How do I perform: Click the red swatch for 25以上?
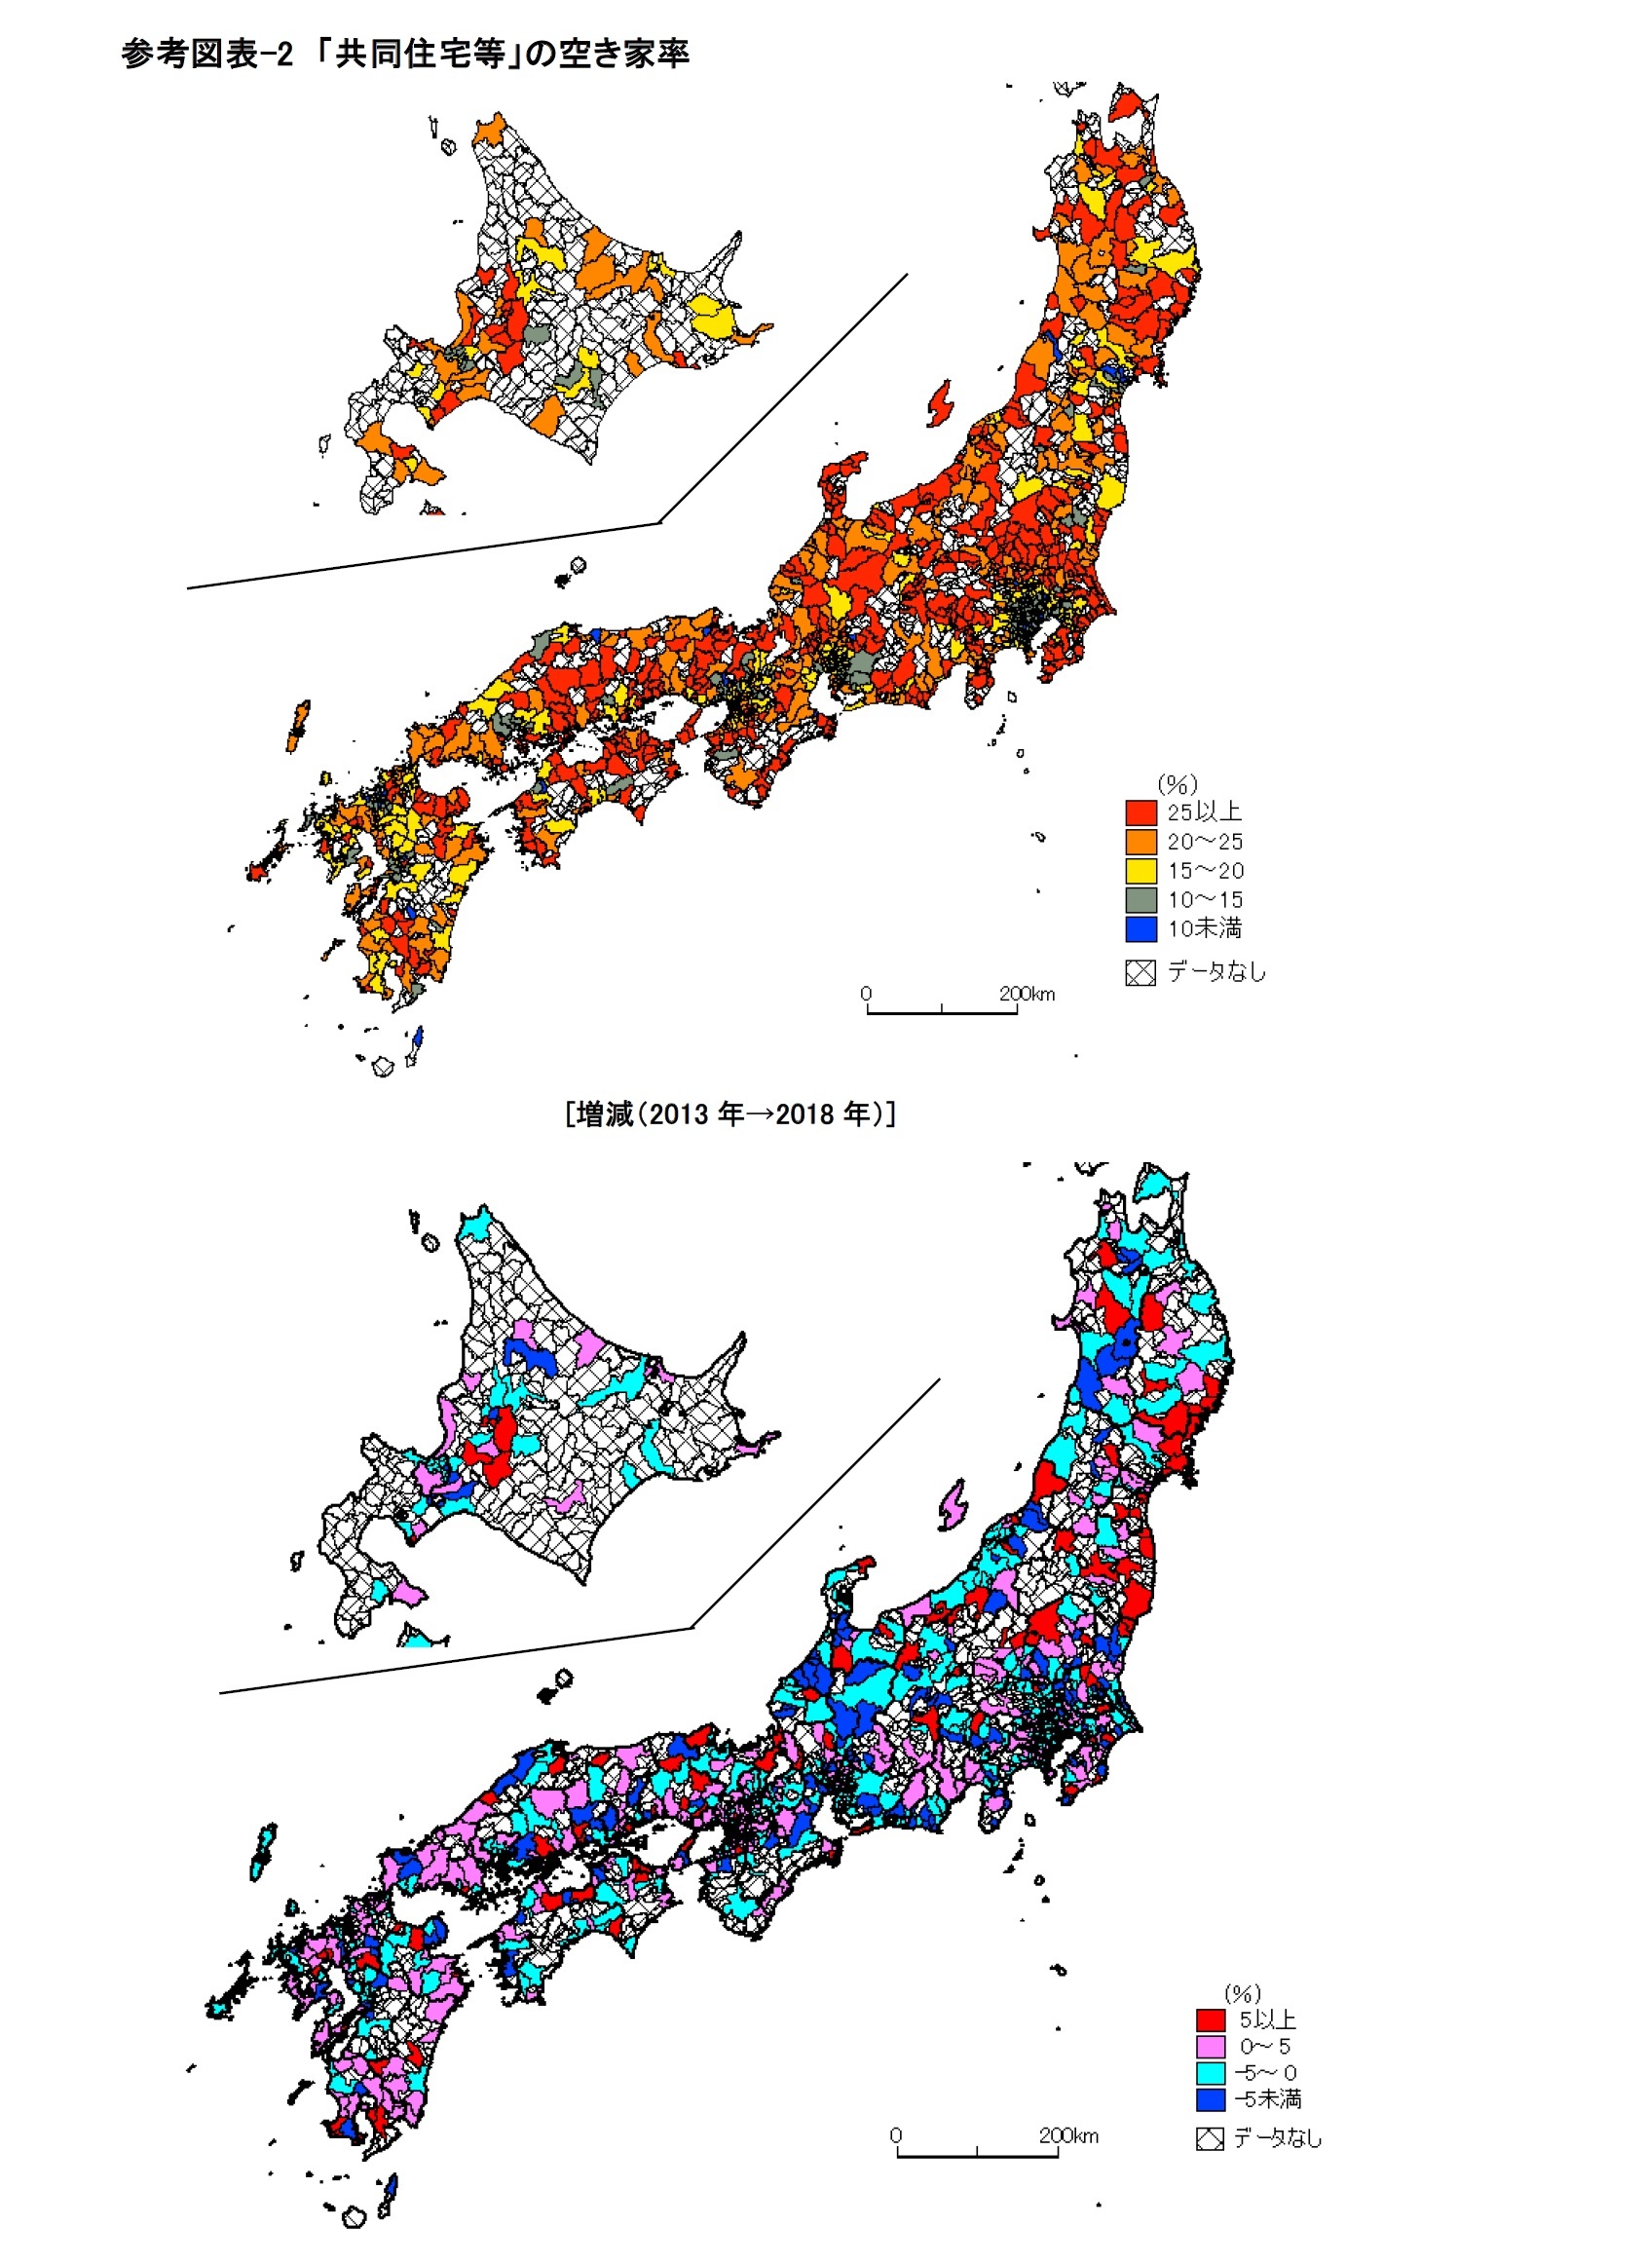[x=1140, y=811]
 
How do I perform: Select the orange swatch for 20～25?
[x=1140, y=841]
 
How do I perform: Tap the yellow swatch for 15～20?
[x=1140, y=871]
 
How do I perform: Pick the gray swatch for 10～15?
[x=1140, y=899]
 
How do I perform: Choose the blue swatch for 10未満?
[x=1140, y=928]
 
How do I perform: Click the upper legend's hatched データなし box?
[x=1140, y=972]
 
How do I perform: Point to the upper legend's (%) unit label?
[x=1177, y=783]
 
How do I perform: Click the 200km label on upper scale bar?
[x=1027, y=995]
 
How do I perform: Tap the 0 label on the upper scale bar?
[x=866, y=995]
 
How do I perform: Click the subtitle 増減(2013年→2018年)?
[x=729, y=1114]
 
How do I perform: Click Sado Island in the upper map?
[x=939, y=404]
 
